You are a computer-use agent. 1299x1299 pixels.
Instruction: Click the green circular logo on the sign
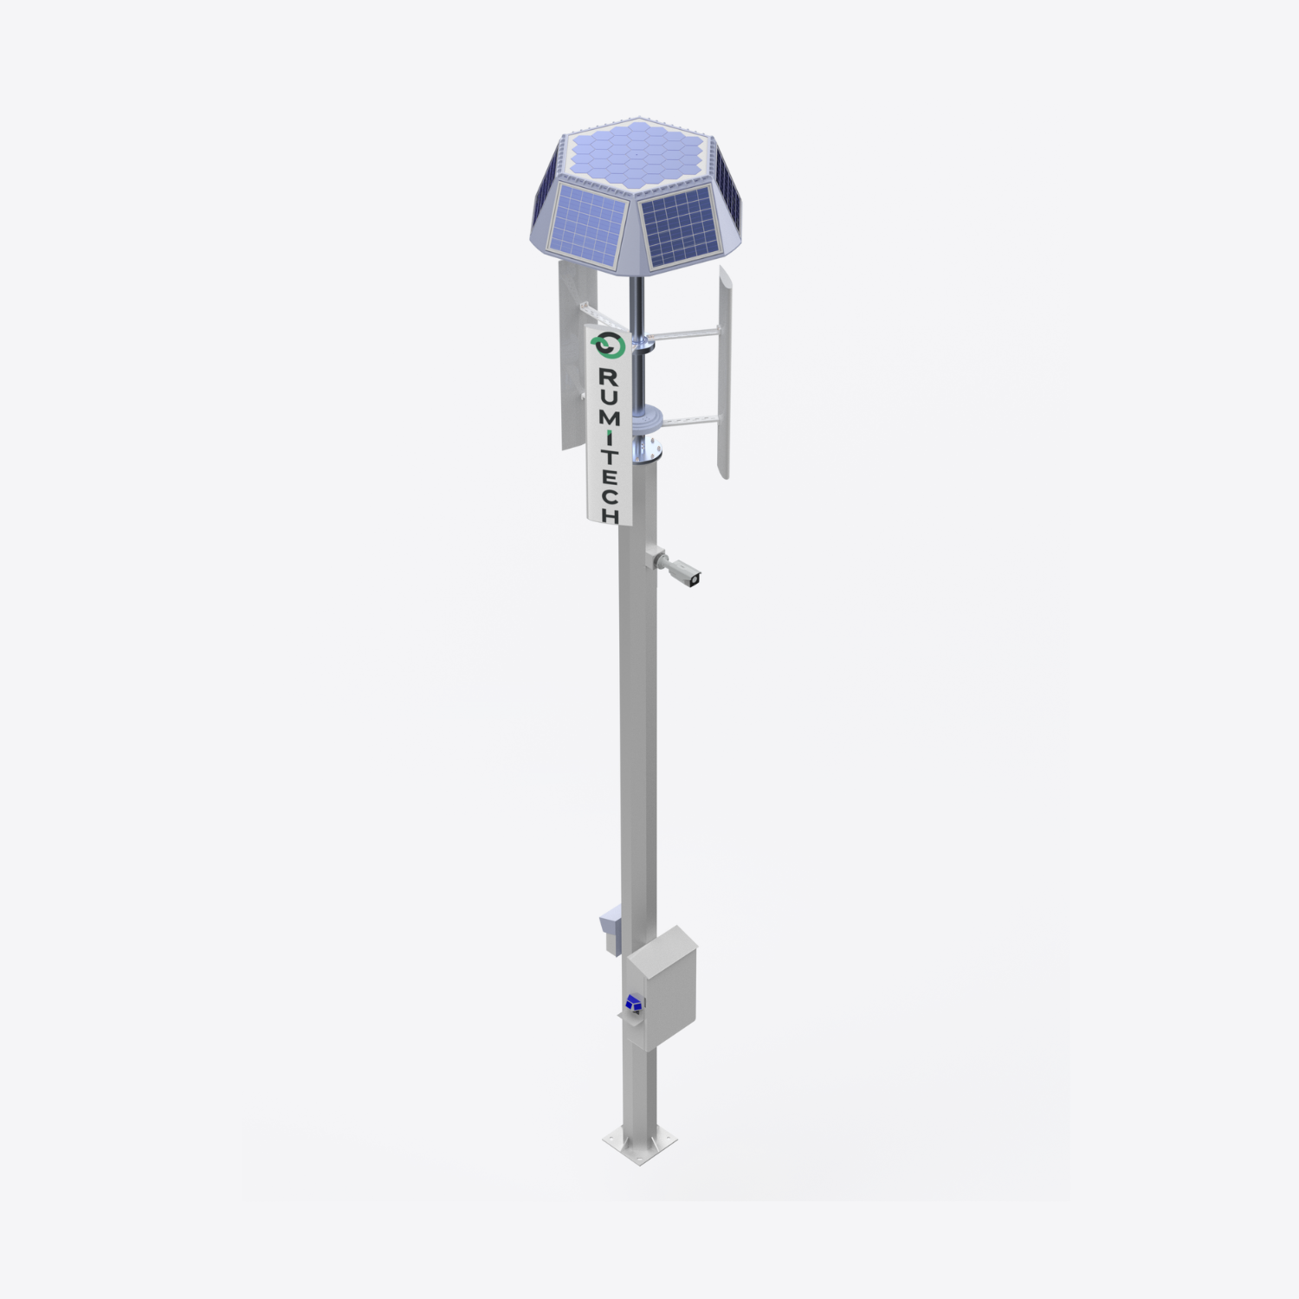(608, 346)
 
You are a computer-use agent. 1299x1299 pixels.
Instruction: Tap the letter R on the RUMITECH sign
(608, 378)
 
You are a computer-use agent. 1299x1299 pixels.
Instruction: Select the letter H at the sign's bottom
(611, 514)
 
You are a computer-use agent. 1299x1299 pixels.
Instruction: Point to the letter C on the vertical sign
(611, 494)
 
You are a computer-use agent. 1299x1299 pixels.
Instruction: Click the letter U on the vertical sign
(609, 398)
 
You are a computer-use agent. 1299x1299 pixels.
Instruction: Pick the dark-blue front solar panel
(681, 227)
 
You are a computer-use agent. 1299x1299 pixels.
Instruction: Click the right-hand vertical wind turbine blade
(725, 372)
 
